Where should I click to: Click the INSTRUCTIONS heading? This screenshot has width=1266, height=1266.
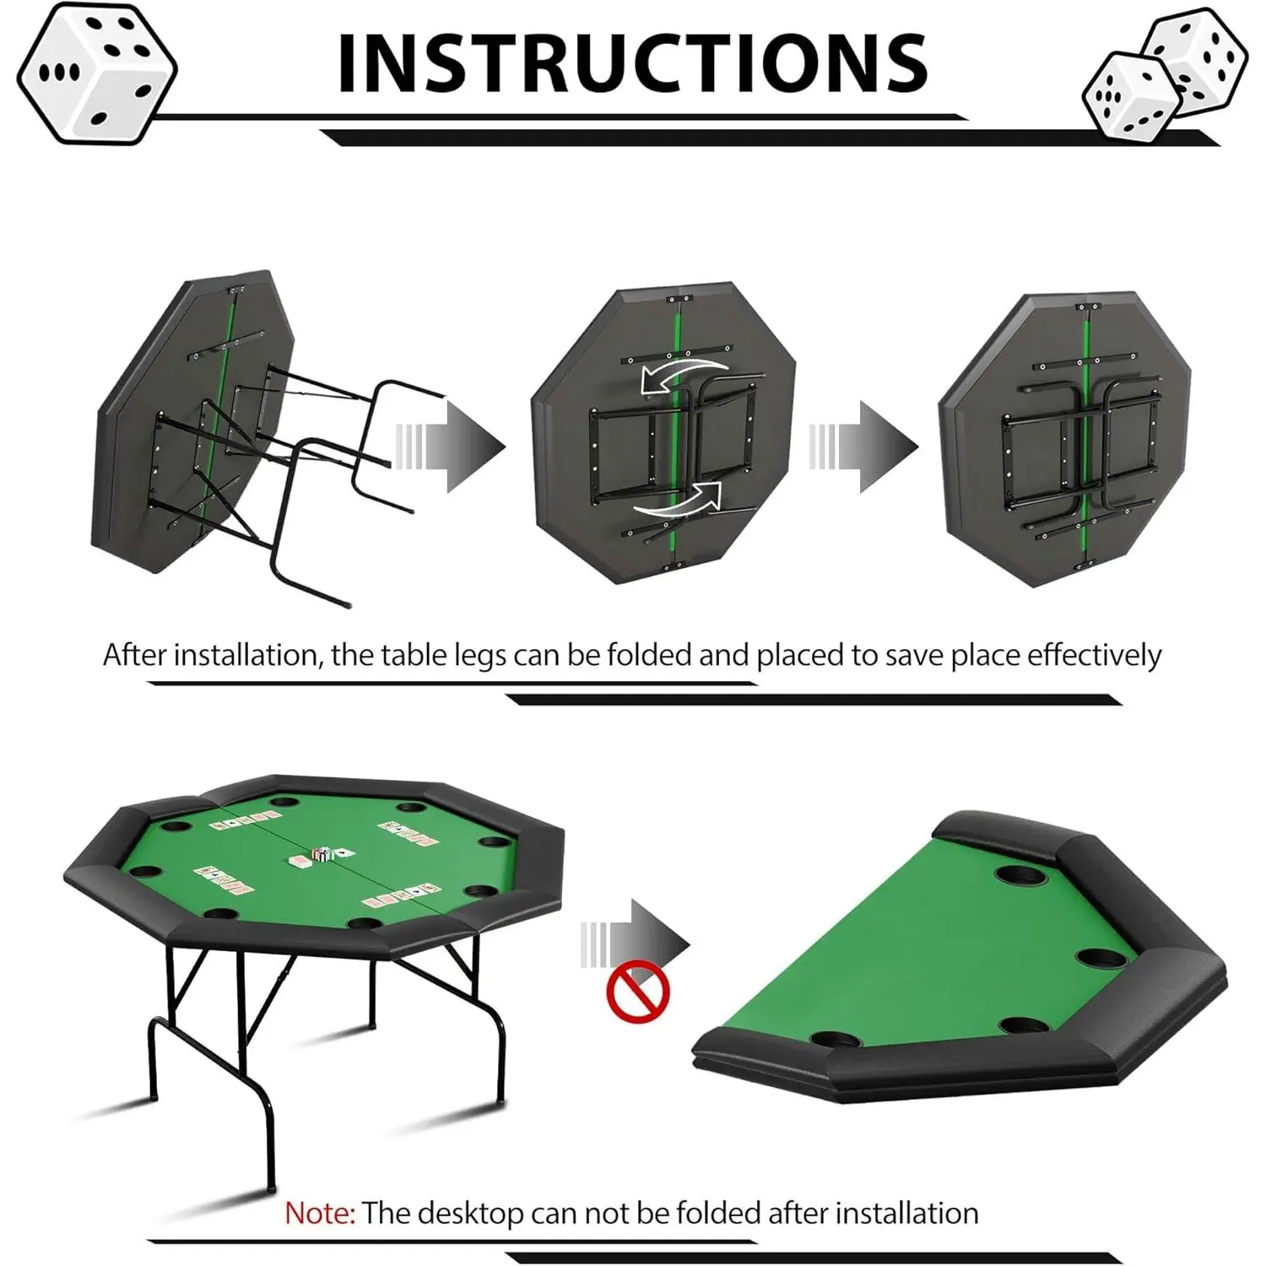[632, 63]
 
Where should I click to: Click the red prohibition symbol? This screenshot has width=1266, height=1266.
[638, 992]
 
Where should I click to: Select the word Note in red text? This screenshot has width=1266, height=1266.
[319, 1213]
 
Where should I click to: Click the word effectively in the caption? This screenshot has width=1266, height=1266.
[1094, 655]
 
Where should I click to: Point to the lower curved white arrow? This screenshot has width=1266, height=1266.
[678, 501]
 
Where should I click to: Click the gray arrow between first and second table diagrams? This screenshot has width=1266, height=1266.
[450, 446]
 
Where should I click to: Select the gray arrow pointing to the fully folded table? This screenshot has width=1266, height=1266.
[863, 446]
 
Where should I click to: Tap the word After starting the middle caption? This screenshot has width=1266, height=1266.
[135, 655]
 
